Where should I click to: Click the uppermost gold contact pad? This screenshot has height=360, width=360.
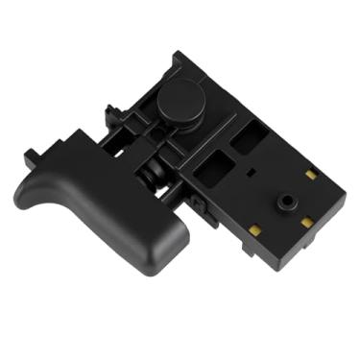tap(310, 176)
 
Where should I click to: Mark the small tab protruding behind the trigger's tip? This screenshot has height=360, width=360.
tap(37, 153)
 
